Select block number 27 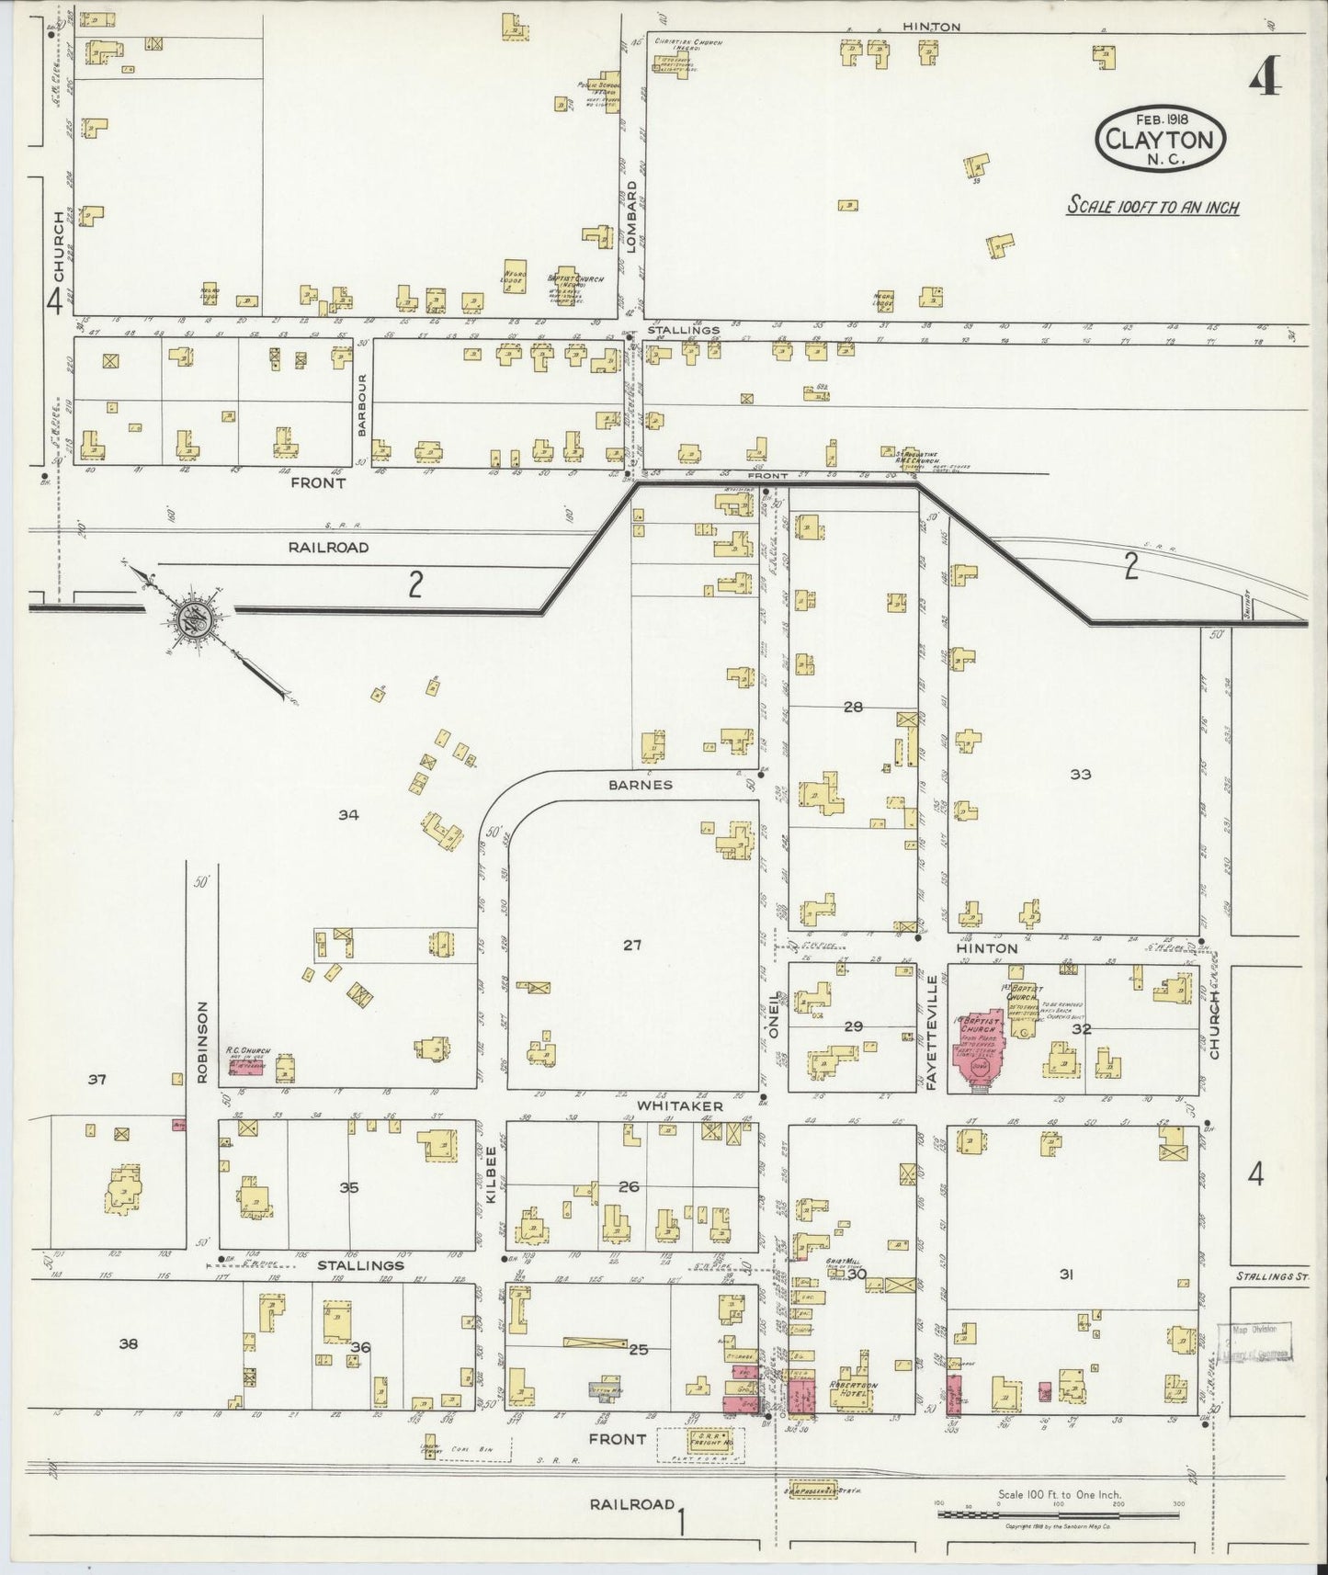pos(632,944)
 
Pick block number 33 pos(1080,774)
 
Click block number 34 pos(347,814)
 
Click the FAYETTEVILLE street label pos(932,1033)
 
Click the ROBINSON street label pos(203,1041)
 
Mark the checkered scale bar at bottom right pos(1058,1513)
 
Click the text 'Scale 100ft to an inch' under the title pos(1152,207)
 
